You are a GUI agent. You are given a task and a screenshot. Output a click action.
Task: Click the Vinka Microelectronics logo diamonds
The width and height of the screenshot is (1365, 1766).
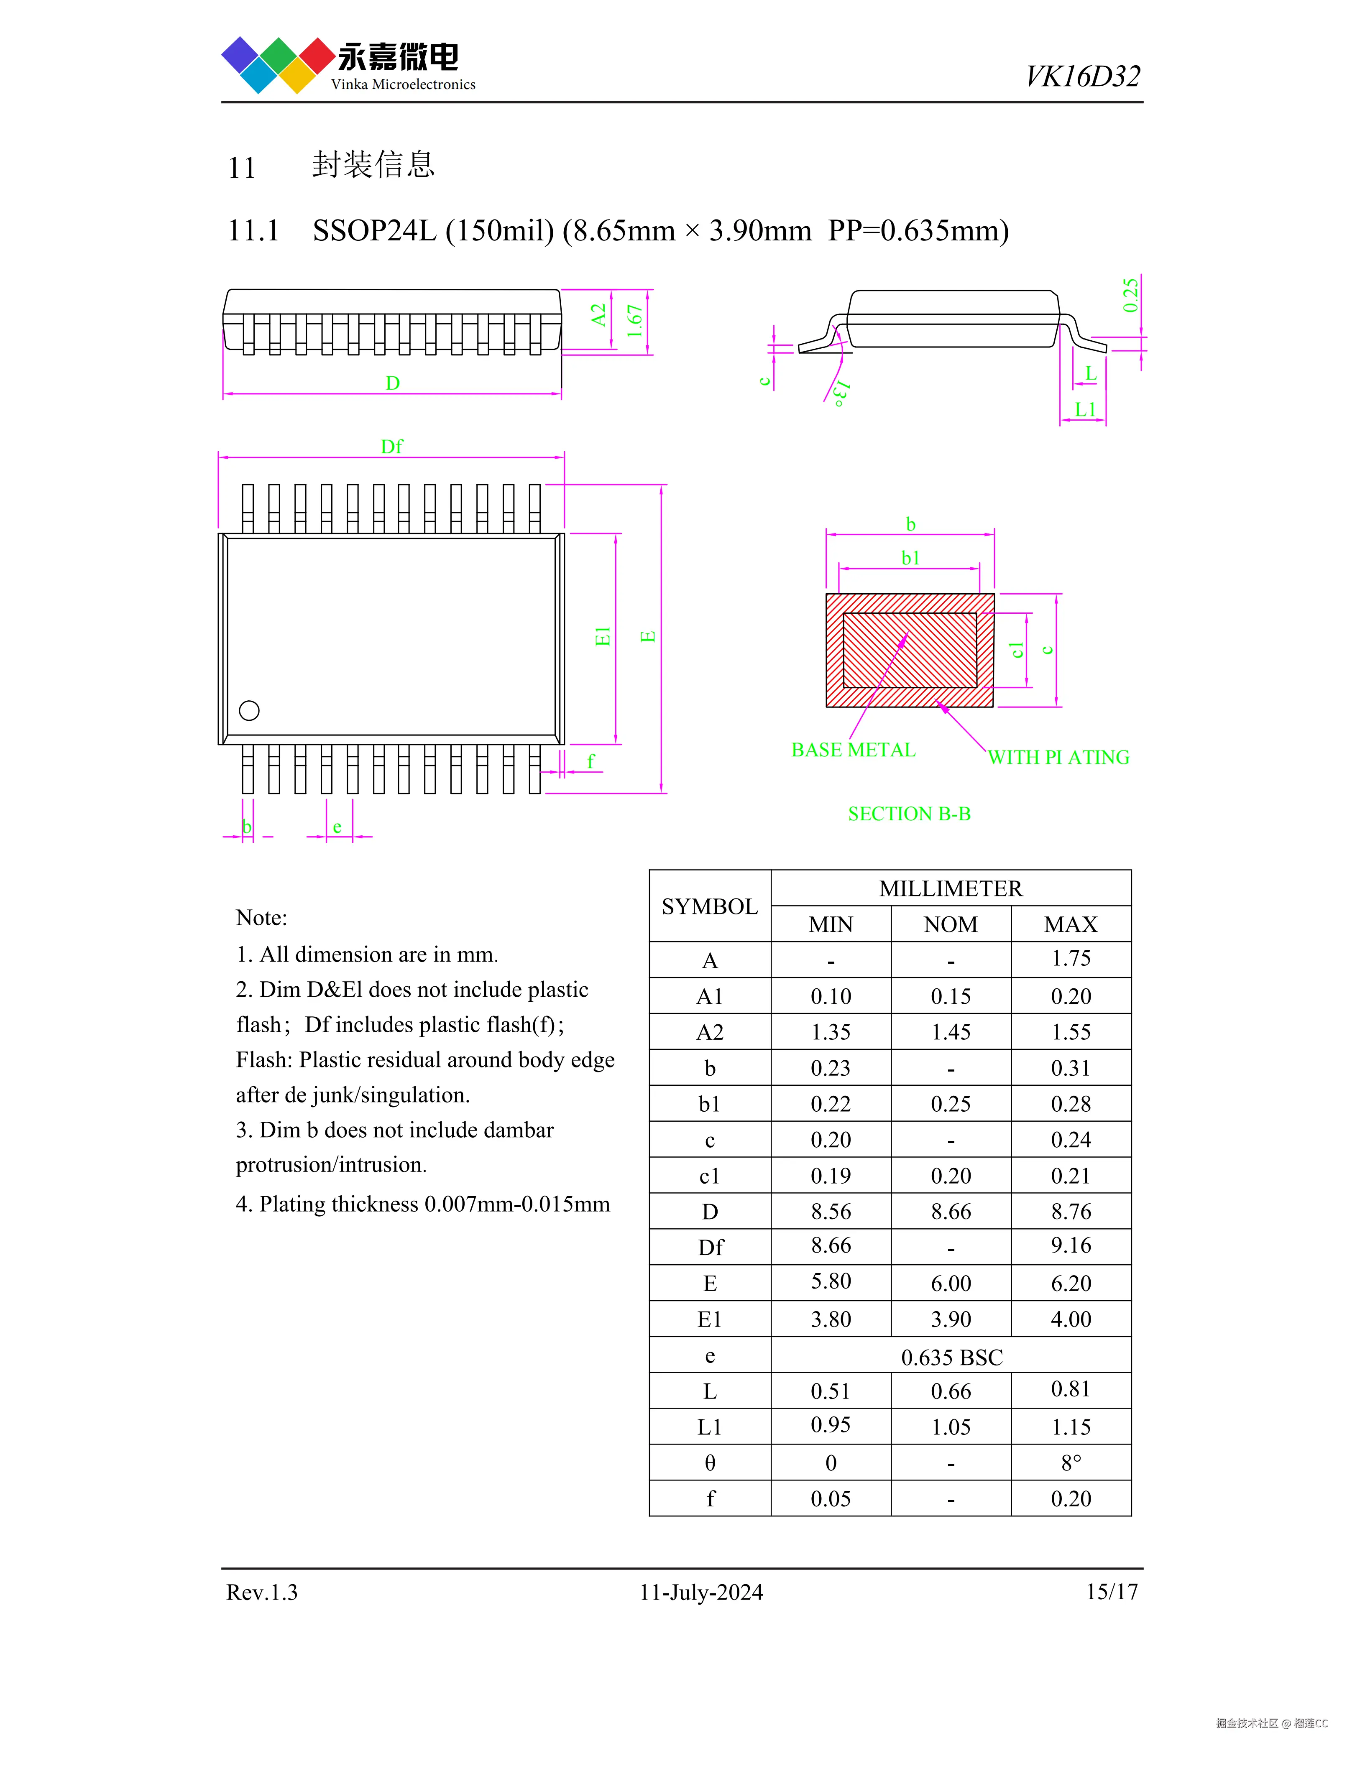[278, 65]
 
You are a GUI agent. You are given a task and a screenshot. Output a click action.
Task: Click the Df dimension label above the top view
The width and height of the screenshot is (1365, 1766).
[391, 447]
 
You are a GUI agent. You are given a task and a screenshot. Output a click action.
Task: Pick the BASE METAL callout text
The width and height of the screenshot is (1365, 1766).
[853, 750]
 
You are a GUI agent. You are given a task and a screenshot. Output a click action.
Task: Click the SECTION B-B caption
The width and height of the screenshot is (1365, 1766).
[909, 814]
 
